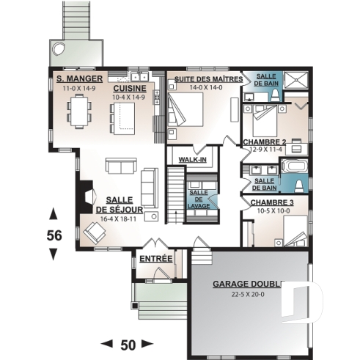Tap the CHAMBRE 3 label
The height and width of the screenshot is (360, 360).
click(x=273, y=202)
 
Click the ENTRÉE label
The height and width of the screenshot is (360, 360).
click(x=155, y=259)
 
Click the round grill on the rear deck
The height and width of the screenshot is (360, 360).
click(x=57, y=50)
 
